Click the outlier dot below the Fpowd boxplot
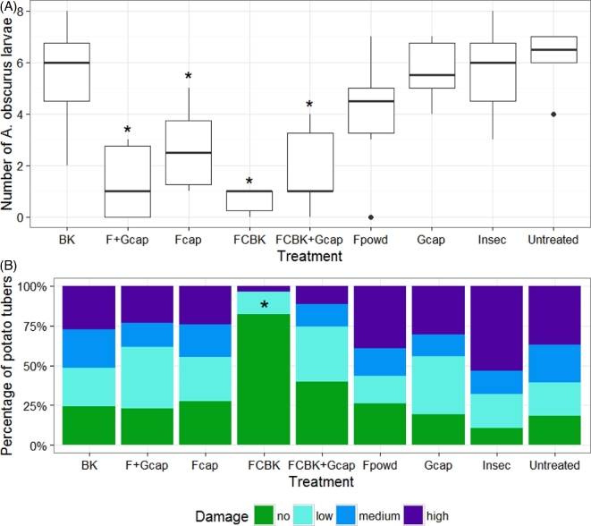coord(371,217)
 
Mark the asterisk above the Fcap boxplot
coord(189,78)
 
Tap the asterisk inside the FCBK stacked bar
coord(264,306)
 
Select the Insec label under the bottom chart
coord(494,466)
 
